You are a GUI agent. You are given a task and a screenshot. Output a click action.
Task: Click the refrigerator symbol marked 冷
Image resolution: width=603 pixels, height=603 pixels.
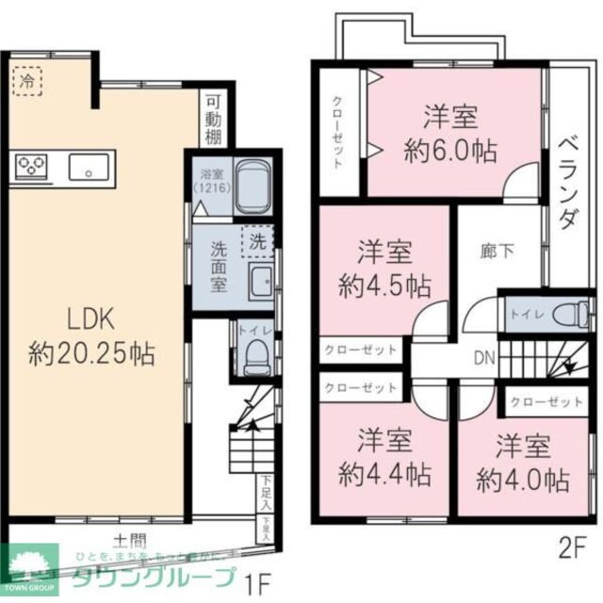(x=26, y=81)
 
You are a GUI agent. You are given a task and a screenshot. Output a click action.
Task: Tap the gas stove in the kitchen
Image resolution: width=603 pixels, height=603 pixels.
(x=32, y=168)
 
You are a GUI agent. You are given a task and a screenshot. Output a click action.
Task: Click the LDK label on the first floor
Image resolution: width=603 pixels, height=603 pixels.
(x=91, y=318)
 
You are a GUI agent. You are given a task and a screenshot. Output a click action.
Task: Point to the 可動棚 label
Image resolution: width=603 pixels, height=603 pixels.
(x=214, y=118)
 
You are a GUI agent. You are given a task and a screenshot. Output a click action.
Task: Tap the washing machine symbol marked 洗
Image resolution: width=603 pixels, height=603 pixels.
(x=256, y=241)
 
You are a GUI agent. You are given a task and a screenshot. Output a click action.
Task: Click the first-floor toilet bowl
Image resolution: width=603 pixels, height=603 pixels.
(x=255, y=352)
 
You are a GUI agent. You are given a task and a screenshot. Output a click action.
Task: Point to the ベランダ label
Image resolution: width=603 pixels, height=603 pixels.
(x=568, y=193)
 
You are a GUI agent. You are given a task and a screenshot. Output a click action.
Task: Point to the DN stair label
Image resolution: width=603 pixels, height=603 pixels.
(x=484, y=358)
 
